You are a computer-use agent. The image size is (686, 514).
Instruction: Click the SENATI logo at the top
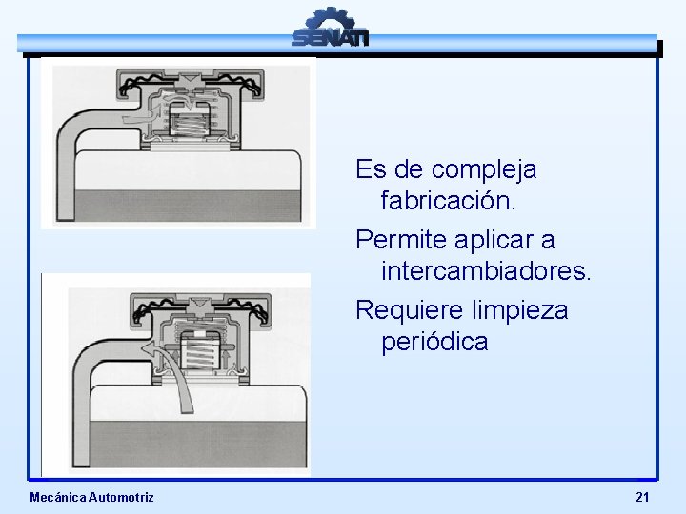click(x=330, y=29)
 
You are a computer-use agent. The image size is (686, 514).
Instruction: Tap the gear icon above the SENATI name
click(x=330, y=18)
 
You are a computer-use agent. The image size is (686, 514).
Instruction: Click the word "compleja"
click(x=484, y=170)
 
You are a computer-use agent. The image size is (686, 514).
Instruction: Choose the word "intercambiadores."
click(x=486, y=271)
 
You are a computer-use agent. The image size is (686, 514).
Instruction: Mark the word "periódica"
click(x=434, y=342)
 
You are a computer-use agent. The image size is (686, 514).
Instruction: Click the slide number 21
click(x=642, y=497)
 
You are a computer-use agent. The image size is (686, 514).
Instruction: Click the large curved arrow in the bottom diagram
click(x=171, y=362)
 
